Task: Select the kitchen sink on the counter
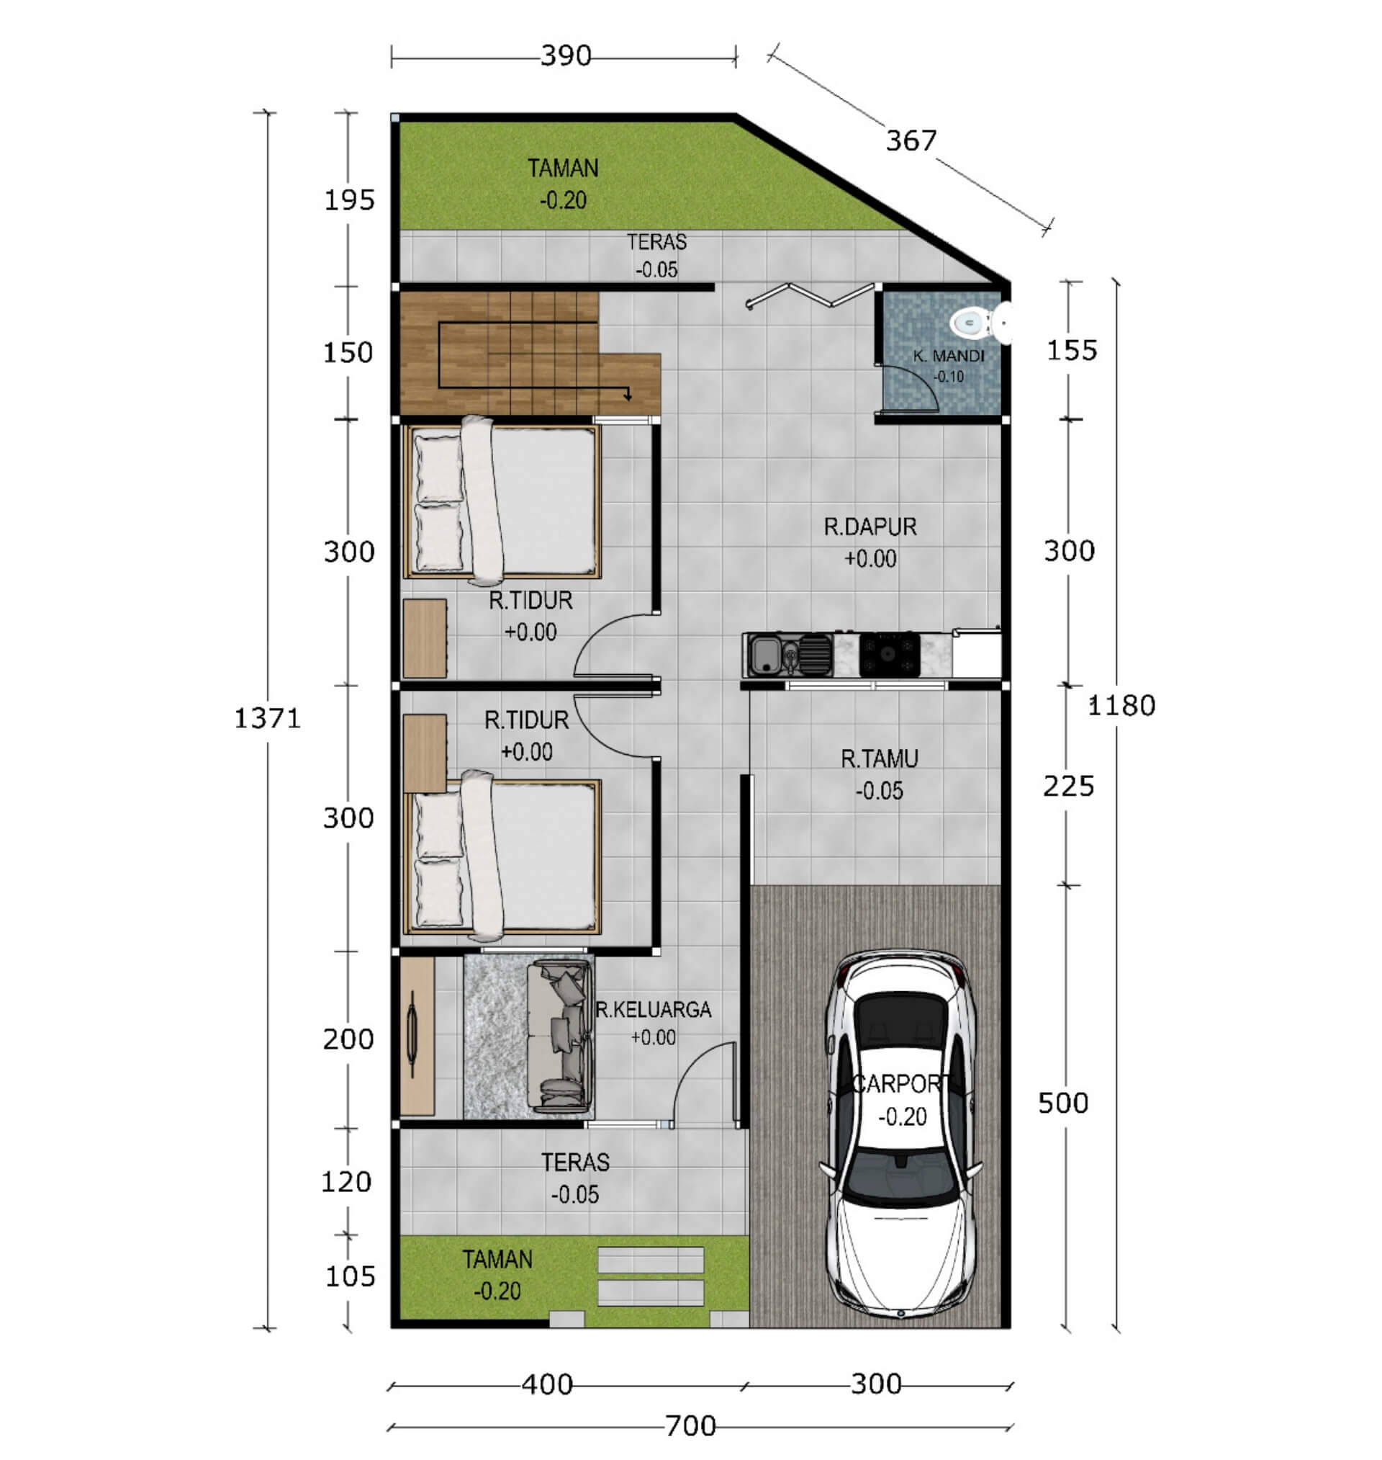click(766, 655)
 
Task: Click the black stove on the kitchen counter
click(889, 654)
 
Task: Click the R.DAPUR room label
click(870, 527)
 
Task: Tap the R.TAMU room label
click(880, 758)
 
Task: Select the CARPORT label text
click(900, 1083)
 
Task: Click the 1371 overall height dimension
click(268, 718)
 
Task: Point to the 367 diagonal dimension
click(911, 140)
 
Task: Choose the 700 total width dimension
click(690, 1426)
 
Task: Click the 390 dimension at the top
click(566, 55)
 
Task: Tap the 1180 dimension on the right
click(1121, 705)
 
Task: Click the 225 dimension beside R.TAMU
click(1068, 787)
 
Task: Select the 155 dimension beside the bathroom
click(1072, 350)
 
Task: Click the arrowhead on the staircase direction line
click(628, 395)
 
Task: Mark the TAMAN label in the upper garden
click(563, 168)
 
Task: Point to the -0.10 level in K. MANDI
click(949, 377)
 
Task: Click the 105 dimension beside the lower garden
click(350, 1276)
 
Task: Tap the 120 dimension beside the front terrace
click(346, 1181)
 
